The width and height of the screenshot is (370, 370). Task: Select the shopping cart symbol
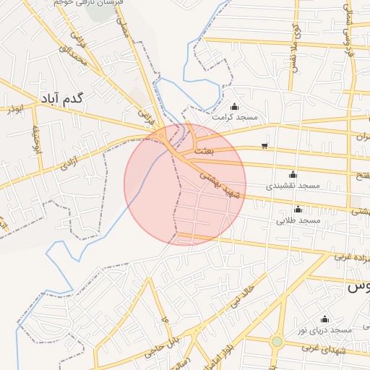[x=264, y=146]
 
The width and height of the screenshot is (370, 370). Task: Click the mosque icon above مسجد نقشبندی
[x=293, y=174]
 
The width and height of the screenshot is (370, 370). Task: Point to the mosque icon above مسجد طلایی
[x=298, y=209]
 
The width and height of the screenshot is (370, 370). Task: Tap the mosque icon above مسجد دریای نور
[x=324, y=319]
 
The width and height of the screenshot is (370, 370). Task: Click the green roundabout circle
[x=277, y=341]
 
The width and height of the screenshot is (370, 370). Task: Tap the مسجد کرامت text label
[x=235, y=116]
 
